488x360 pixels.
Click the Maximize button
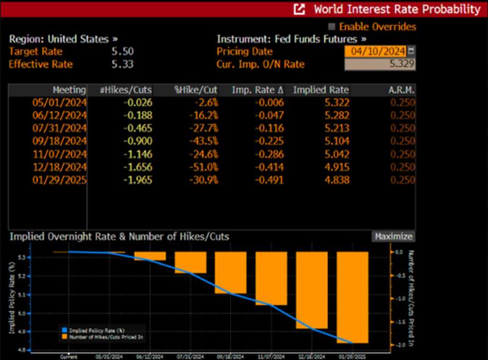pos(393,237)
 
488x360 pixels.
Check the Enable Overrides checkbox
pos(332,27)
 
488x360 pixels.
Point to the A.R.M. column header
pos(401,90)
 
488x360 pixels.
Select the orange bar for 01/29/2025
pos(353,297)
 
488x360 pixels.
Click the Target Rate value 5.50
pos(123,52)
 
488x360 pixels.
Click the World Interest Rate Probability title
pos(396,9)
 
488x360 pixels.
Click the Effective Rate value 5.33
pos(123,64)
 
